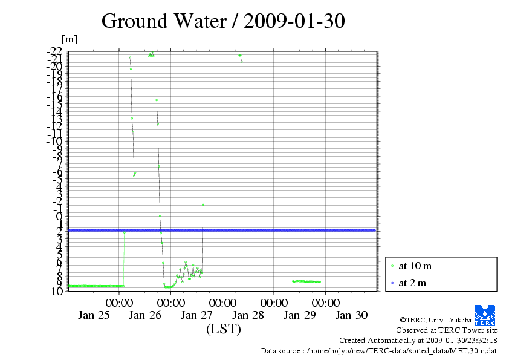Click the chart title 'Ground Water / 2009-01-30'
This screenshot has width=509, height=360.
(x=223, y=21)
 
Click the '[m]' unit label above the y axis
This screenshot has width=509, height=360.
(x=70, y=39)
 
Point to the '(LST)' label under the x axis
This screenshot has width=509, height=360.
(x=223, y=329)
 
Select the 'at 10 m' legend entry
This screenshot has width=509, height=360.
(x=415, y=266)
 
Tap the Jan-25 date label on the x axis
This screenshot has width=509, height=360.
(x=94, y=315)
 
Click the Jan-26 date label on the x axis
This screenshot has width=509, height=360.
(x=145, y=315)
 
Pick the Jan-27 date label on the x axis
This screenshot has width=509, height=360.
(x=196, y=315)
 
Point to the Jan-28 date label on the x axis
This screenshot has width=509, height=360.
(x=248, y=315)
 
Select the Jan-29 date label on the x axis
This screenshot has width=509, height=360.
(x=300, y=315)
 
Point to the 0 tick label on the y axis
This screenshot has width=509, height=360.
(x=59, y=216)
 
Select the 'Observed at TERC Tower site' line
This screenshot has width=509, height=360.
(x=446, y=330)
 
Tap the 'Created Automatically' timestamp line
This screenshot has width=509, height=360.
(x=418, y=341)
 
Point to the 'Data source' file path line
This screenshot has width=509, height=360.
(x=378, y=350)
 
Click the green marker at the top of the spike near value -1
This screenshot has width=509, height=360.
(x=203, y=205)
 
